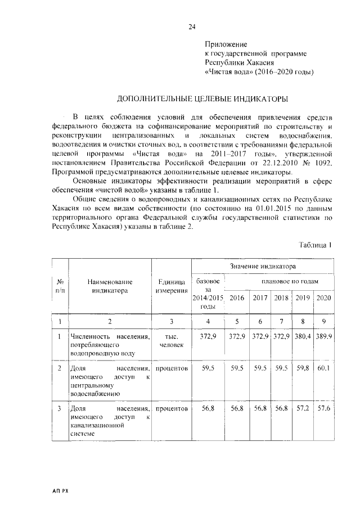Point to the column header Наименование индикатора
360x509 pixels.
point(110,286)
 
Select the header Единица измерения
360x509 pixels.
point(172,286)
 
